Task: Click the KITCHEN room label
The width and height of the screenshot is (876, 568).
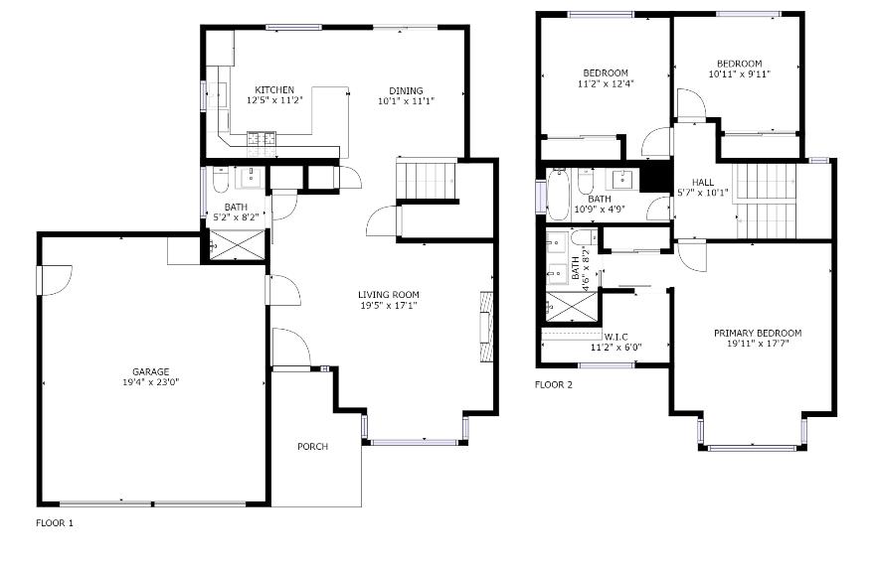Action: point(274,90)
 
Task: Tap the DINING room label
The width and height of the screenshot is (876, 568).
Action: point(406,91)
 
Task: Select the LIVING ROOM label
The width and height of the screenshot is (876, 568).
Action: point(388,295)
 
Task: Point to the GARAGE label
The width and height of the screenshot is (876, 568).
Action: point(151,372)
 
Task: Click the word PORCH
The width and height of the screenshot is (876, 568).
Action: point(313,447)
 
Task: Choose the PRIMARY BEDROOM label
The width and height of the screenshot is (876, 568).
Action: point(758,333)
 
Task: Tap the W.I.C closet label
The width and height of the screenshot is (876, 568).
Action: point(616,337)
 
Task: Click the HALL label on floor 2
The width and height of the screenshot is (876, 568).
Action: point(703,183)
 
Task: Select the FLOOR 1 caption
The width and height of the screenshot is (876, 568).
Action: point(55,523)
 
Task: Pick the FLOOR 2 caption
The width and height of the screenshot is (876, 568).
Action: point(554,385)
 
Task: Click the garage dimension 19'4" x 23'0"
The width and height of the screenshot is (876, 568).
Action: point(151,382)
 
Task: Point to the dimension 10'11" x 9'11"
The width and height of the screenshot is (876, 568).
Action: point(740,74)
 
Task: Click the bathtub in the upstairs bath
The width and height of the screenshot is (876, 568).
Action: point(557,195)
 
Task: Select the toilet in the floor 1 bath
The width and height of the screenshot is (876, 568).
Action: point(221,180)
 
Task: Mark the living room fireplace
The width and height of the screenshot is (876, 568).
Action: point(486,327)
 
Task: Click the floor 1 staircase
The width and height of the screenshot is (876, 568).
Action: point(427,179)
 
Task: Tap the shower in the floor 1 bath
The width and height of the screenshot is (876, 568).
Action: point(237,244)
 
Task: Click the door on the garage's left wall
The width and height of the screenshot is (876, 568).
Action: point(54,280)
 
